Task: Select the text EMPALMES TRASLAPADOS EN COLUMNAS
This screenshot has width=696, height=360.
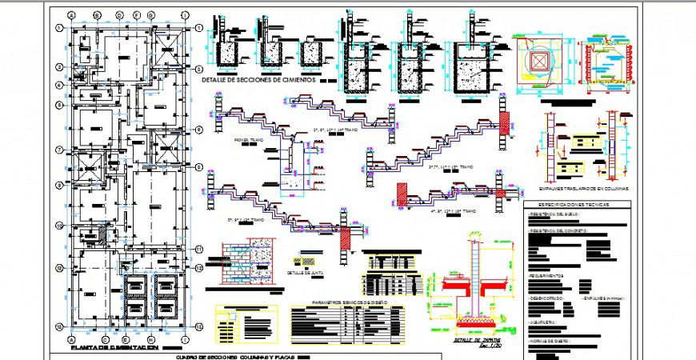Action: click(x=583, y=188)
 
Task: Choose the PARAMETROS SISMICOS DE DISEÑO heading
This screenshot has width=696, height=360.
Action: click(x=350, y=302)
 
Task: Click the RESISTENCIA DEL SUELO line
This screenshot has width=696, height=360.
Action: click(x=554, y=214)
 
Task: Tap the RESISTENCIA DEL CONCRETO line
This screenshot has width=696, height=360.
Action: click(x=558, y=230)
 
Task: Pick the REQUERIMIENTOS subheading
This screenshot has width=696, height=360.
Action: click(x=547, y=276)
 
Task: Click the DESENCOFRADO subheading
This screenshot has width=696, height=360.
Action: click(x=548, y=298)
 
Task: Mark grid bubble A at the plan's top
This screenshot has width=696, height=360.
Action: click(x=72, y=15)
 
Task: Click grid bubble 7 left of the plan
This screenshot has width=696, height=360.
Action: click(x=59, y=150)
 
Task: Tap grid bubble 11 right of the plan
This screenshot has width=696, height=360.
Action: click(x=197, y=250)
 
